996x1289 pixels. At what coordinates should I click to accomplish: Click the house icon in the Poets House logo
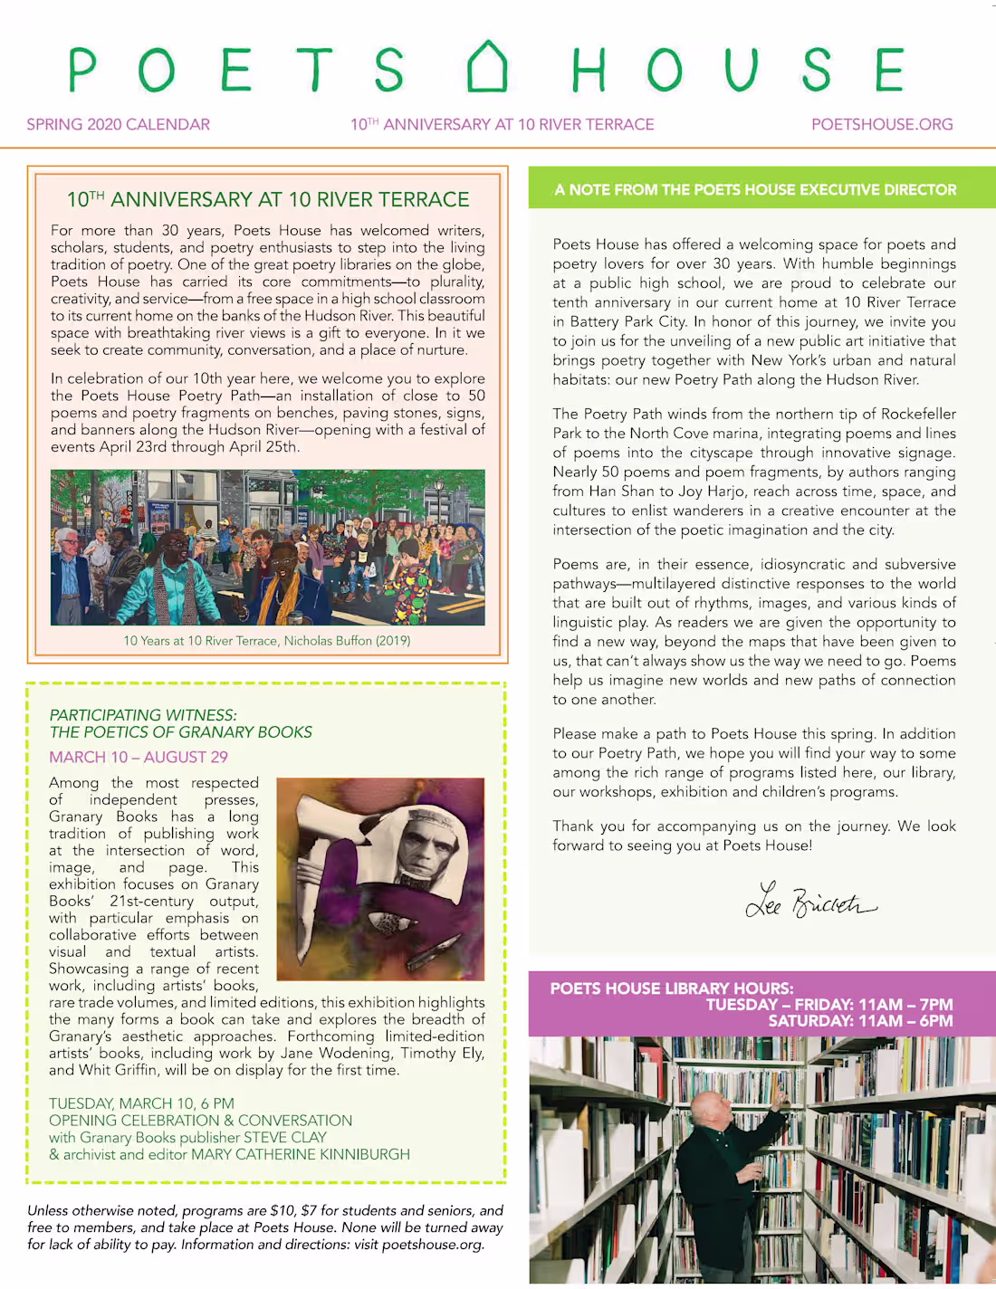click(487, 67)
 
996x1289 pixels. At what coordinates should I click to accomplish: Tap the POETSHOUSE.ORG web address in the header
click(882, 124)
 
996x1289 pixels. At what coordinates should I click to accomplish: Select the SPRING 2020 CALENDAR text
click(118, 124)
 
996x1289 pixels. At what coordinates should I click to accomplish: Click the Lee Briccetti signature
click(809, 901)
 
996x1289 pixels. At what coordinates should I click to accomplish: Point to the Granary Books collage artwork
click(380, 879)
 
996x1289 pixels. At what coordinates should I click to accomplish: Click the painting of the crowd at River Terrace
click(267, 547)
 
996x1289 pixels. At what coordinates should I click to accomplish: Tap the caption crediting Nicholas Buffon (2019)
click(267, 641)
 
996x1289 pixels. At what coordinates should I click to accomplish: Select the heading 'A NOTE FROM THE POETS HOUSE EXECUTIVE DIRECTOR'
click(755, 190)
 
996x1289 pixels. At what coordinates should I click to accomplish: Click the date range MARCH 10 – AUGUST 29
click(139, 757)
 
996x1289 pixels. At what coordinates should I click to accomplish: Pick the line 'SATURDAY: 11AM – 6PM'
click(860, 1021)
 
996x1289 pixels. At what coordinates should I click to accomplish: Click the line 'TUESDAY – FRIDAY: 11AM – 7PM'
click(829, 1005)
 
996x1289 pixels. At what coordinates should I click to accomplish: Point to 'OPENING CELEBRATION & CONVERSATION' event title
click(200, 1121)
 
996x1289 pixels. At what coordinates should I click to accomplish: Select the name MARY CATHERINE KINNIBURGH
click(300, 1155)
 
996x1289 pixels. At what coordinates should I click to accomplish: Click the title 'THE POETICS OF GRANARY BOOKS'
click(181, 732)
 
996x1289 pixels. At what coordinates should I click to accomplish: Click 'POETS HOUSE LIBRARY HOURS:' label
click(672, 988)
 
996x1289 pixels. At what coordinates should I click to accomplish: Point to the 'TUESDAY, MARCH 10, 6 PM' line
click(141, 1103)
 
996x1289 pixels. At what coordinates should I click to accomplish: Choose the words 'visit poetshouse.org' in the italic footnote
click(419, 1245)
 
